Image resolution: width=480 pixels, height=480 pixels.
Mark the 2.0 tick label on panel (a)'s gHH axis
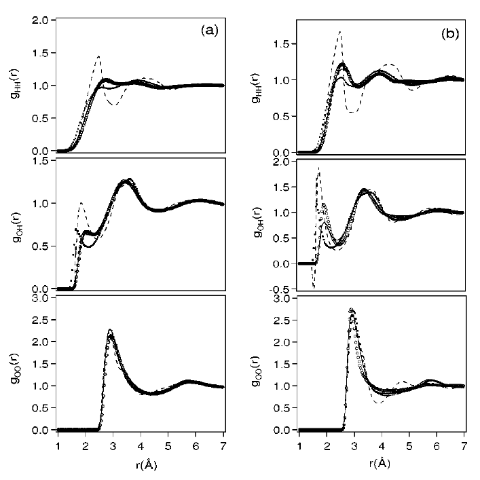pyautogui.click(x=41, y=20)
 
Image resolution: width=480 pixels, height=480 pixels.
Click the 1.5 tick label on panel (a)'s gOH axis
pyautogui.click(x=41, y=160)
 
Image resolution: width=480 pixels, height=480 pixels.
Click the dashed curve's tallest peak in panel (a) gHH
pyautogui.click(x=98, y=56)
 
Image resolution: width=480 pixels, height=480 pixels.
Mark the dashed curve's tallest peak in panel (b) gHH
pyautogui.click(x=339, y=31)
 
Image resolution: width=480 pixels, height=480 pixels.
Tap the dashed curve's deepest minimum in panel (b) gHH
pyautogui.click(x=352, y=111)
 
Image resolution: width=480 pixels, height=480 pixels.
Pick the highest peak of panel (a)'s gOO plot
pyautogui.click(x=110, y=331)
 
